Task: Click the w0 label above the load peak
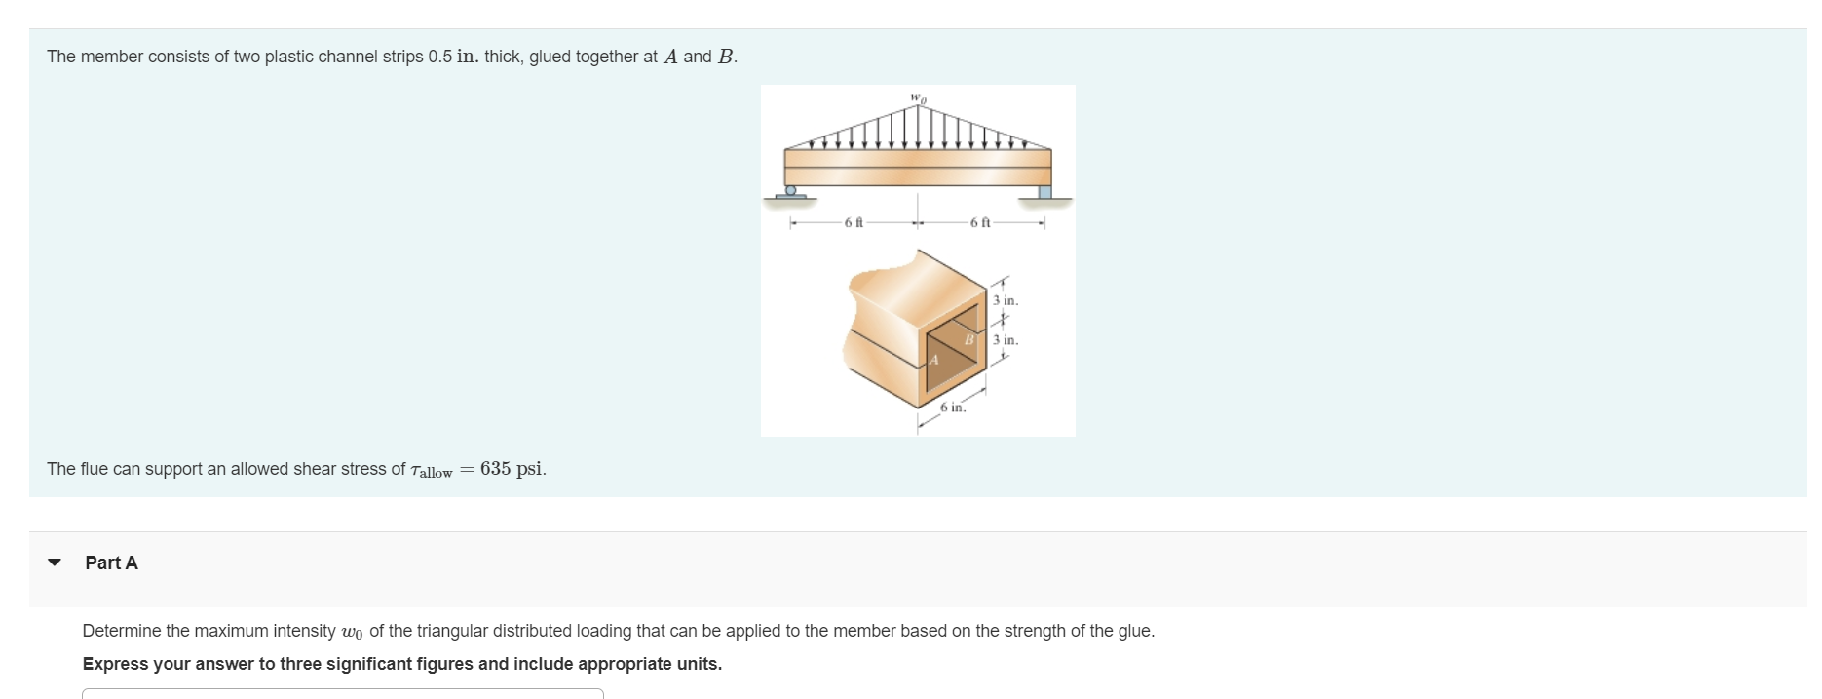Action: point(918,97)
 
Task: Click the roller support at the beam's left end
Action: point(791,191)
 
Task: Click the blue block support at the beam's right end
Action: point(1044,192)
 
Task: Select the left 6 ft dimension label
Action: point(854,223)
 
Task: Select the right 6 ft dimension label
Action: point(980,223)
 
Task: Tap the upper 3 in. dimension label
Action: point(1006,300)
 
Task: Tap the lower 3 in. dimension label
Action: point(1006,340)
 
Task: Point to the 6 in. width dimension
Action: point(953,408)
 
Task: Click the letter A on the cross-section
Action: point(933,360)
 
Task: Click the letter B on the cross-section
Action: point(969,339)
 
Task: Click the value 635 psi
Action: point(512,469)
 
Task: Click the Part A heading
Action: point(111,563)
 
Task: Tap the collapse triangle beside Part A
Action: point(55,563)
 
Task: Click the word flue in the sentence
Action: point(94,469)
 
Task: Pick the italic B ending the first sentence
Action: point(725,57)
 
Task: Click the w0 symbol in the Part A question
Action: point(352,632)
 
